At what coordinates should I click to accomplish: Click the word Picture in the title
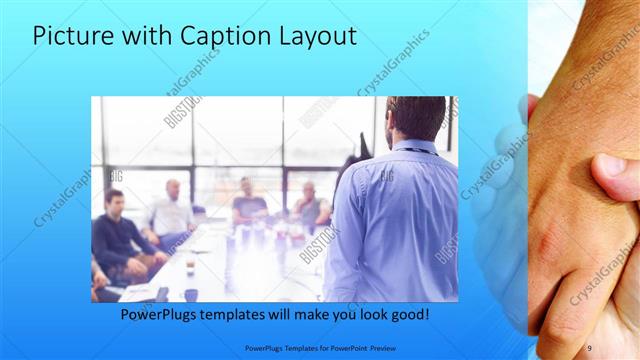tap(74, 37)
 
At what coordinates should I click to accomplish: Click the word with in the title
tap(147, 37)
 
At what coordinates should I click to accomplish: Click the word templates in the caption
tap(247, 315)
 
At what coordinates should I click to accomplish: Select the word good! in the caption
tap(409, 315)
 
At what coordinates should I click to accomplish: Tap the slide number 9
tap(589, 347)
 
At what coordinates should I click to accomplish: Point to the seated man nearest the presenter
tap(309, 204)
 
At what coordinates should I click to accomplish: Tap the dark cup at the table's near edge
tap(190, 294)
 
